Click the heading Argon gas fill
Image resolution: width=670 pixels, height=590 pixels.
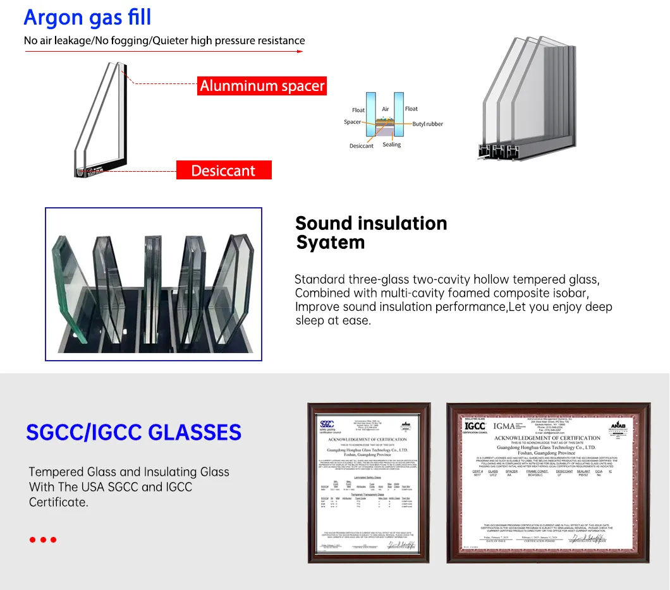[87, 17]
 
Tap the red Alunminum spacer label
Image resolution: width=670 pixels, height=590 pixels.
[262, 85]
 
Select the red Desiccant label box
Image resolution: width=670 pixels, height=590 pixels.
[223, 171]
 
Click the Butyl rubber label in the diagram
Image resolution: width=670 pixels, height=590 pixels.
[427, 124]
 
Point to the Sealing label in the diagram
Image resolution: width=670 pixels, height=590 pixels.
[391, 145]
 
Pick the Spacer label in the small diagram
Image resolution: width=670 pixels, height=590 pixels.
[352, 122]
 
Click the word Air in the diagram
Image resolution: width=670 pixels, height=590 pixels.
[386, 109]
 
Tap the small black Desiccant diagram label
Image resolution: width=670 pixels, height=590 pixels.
[361, 146]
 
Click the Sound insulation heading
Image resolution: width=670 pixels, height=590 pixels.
[371, 223]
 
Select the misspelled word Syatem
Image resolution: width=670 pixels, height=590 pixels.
[331, 243]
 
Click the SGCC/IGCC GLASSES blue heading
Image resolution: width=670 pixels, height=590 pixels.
[133, 433]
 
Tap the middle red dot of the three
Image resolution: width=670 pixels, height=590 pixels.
[43, 539]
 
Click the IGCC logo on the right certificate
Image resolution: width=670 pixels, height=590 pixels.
[475, 426]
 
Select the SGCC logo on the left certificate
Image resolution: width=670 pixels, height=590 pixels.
[327, 424]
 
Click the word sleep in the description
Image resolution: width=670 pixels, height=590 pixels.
[310, 320]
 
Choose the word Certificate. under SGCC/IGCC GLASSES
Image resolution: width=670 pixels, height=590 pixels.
[58, 502]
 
